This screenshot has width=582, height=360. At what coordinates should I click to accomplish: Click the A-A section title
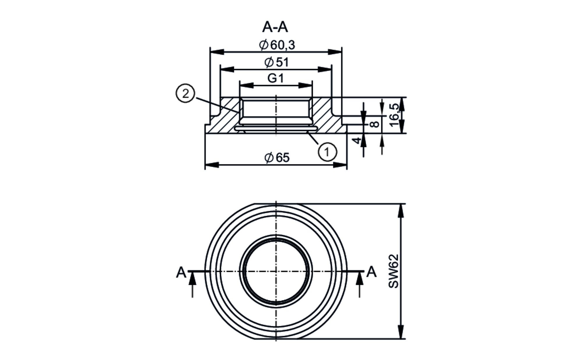(x=275, y=27)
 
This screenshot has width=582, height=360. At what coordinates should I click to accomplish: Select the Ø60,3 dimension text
(x=277, y=45)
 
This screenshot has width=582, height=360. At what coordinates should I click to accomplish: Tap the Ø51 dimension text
(x=277, y=62)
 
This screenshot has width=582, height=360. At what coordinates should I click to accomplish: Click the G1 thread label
(x=275, y=78)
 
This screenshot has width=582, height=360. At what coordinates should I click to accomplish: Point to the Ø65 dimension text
(x=277, y=158)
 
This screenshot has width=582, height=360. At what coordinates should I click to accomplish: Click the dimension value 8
(x=375, y=124)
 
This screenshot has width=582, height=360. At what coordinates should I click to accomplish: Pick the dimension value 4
(x=357, y=140)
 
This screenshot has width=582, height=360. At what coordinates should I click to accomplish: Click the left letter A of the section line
(x=181, y=273)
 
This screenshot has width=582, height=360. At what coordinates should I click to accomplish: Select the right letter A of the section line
(x=372, y=272)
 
